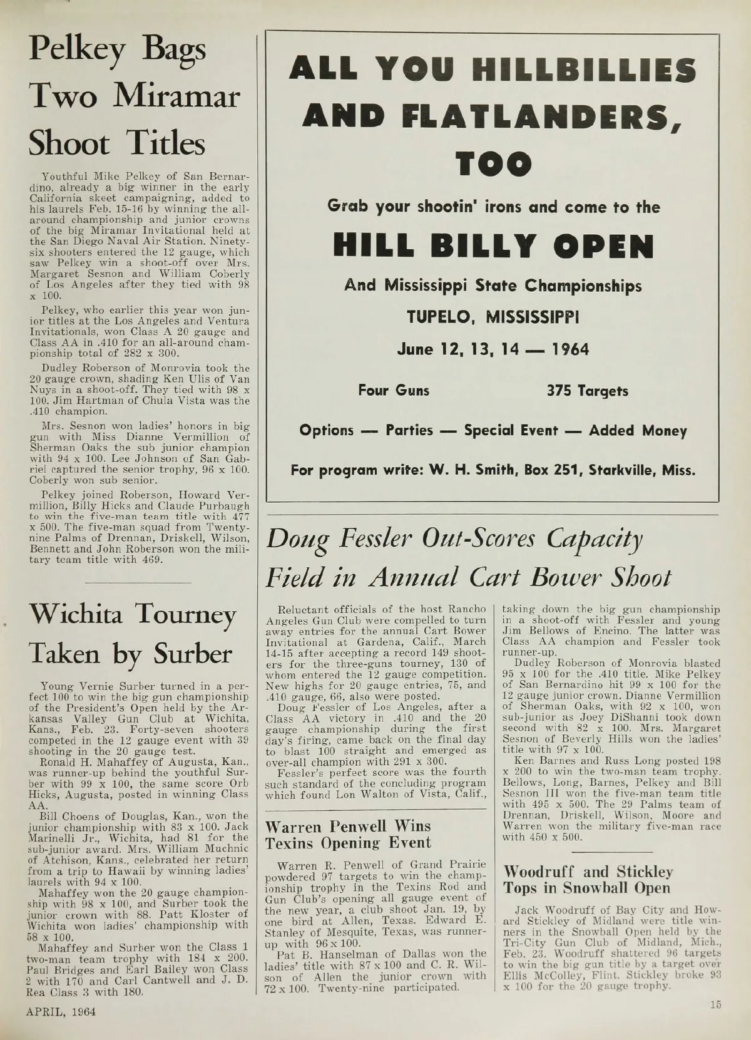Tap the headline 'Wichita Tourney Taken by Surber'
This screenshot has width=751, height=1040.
tap(132, 635)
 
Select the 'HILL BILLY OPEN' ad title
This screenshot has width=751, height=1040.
tap(493, 246)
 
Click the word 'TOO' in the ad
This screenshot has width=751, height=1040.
tap(493, 163)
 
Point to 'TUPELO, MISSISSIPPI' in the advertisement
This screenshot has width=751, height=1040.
tap(493, 317)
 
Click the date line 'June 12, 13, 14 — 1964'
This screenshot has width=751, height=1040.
tap(493, 349)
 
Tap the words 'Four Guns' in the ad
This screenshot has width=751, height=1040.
tap(394, 391)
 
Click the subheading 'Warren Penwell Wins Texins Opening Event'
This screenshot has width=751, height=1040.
tap(349, 835)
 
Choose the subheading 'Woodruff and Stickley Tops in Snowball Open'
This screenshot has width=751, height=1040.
tap(587, 879)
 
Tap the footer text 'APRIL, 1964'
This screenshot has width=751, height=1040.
tap(61, 1012)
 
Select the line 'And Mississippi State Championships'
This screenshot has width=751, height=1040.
tap(493, 286)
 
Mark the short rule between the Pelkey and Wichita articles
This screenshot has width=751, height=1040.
tap(136, 582)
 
